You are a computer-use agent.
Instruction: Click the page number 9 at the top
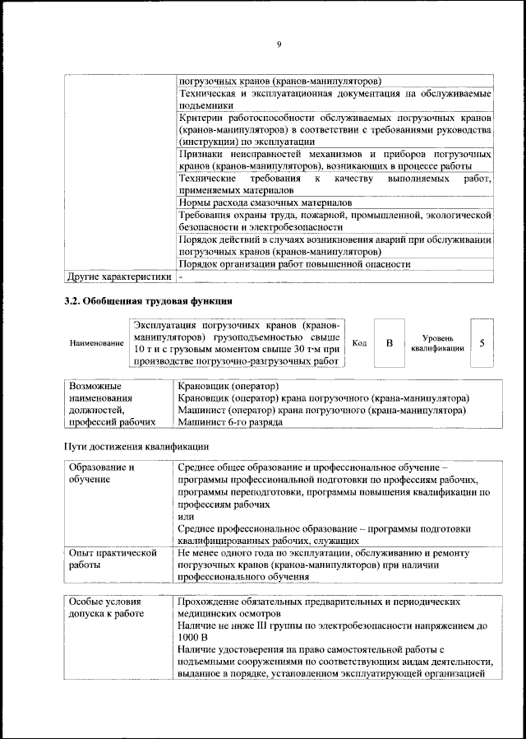279,44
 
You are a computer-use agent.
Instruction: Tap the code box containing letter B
390,342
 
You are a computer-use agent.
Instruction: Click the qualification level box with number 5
482,342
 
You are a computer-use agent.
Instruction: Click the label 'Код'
358,342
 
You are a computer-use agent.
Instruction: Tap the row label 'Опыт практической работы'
113,560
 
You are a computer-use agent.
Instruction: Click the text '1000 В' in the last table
193,638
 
